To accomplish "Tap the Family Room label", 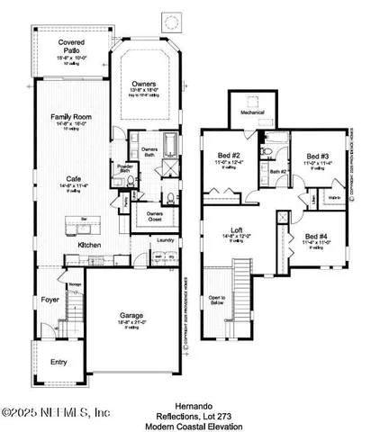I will (71, 118).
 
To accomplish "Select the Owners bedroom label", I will (144, 82).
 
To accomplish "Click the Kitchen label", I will (88, 245).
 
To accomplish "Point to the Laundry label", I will (164, 239).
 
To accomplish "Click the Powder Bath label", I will (125, 167).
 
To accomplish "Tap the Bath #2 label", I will (278, 170).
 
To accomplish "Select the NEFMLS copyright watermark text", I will (56, 412).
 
